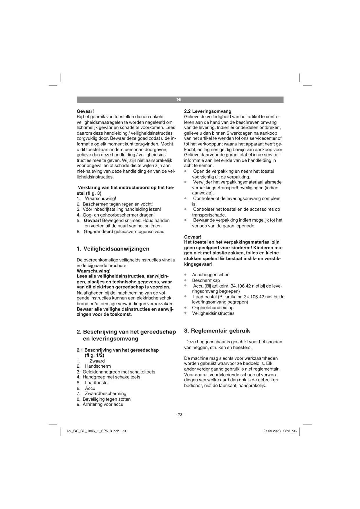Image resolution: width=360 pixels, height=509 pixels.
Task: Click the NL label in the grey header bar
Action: click(x=180, y=100)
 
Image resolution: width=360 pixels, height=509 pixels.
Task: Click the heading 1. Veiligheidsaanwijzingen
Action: click(x=113, y=249)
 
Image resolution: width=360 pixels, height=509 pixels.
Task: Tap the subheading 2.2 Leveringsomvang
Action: click(x=208, y=111)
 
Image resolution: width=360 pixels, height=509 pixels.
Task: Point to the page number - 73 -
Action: click(x=180, y=415)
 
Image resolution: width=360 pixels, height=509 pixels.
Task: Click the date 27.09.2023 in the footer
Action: click(x=272, y=431)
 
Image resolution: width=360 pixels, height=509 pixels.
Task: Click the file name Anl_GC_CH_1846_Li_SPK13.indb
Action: click(x=93, y=431)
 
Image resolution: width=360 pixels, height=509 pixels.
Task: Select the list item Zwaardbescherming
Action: click(x=105, y=394)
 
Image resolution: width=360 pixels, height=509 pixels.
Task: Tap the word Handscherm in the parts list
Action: click(x=98, y=366)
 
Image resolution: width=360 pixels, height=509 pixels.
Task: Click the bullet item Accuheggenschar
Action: click(x=210, y=275)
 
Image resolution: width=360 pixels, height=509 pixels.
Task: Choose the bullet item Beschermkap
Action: click(x=206, y=280)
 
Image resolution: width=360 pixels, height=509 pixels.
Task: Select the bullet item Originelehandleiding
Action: click(x=213, y=308)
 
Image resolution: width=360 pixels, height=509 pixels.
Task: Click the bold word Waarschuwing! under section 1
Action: click(x=93, y=271)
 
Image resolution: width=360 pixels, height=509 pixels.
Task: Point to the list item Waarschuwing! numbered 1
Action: click(x=100, y=198)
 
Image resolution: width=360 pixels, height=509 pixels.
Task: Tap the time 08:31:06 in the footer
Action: click(x=290, y=431)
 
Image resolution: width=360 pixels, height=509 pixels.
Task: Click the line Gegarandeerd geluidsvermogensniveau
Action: click(x=124, y=232)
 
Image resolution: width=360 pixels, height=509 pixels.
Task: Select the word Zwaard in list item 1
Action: click(x=97, y=361)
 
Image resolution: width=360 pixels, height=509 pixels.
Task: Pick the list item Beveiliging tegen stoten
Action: click(x=106, y=399)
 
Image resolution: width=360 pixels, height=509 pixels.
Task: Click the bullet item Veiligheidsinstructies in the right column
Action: click(x=213, y=313)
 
